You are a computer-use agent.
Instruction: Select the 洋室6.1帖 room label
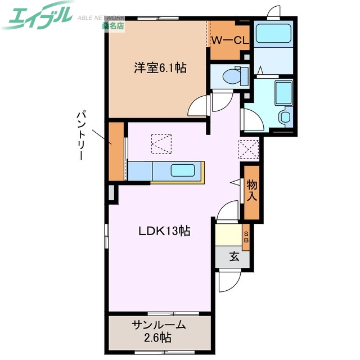[160, 69]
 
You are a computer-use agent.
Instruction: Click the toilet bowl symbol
[232, 76]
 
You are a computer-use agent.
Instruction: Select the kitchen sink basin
[182, 170]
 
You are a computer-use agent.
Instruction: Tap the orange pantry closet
[116, 151]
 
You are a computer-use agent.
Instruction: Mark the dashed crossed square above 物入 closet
[248, 148]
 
